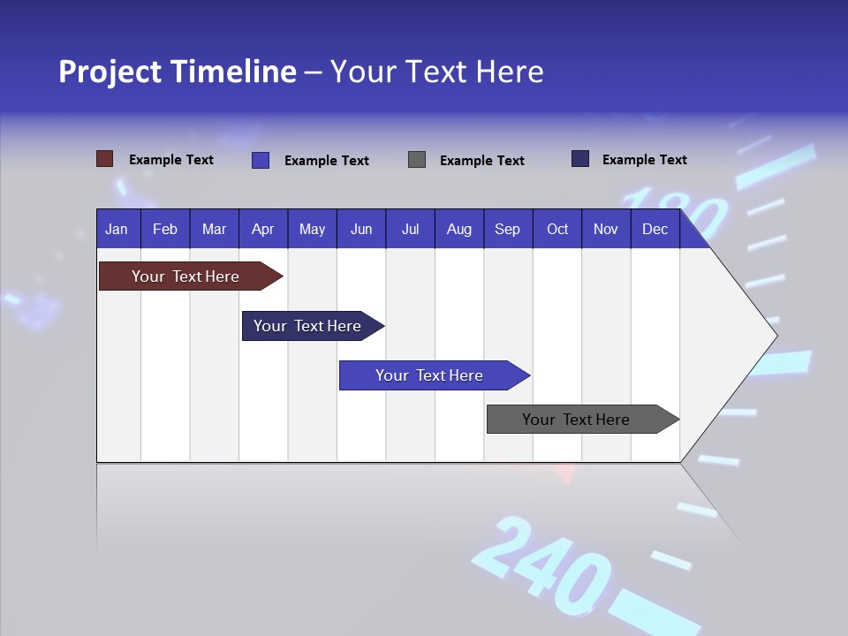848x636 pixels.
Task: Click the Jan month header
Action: coord(117,230)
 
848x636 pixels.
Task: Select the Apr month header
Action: coord(263,230)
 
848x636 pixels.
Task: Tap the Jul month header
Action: coord(410,230)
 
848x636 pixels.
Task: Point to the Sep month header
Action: coord(507,230)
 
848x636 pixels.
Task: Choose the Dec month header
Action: coord(655,230)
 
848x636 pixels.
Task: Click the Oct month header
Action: coord(557,230)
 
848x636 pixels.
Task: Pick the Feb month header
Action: coord(165,230)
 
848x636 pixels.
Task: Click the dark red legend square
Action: coord(104,159)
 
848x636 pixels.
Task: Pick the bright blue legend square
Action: coord(260,160)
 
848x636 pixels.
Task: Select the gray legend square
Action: coord(417,160)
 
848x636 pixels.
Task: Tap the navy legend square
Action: coord(580,159)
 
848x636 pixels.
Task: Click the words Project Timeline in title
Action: coord(177,72)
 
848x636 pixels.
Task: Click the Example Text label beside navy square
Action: coord(644,160)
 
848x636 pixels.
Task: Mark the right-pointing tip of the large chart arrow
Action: coord(776,336)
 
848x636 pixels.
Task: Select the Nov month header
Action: coord(606,230)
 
